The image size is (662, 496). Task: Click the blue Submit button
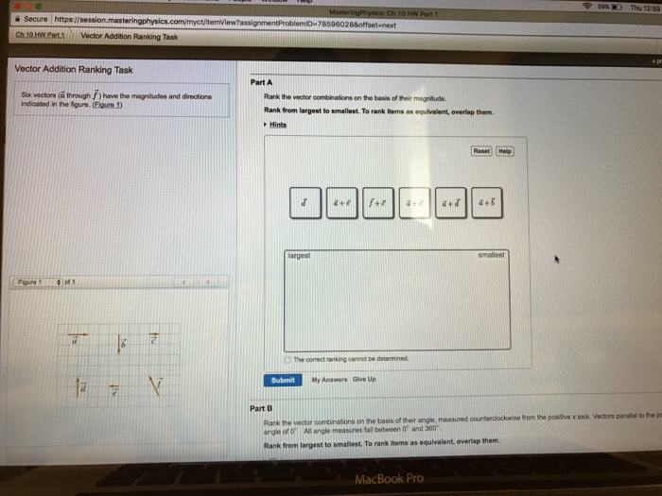pyautogui.click(x=285, y=380)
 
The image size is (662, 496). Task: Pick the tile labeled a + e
pyautogui.click(x=341, y=202)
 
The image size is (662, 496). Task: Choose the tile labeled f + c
pyautogui.click(x=377, y=202)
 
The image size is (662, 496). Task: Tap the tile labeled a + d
pyautogui.click(x=450, y=202)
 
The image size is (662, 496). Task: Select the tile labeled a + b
pyautogui.click(x=487, y=202)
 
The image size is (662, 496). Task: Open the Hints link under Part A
pyautogui.click(x=277, y=125)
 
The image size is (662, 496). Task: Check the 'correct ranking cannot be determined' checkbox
pyautogui.click(x=289, y=360)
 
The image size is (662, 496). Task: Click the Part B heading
pyautogui.click(x=261, y=408)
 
